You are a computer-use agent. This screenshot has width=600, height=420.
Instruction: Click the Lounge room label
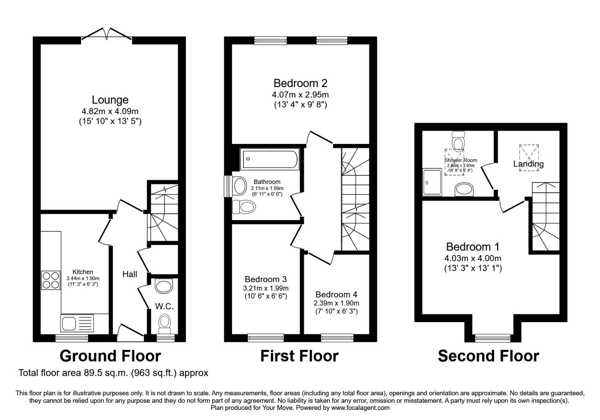click(x=110, y=100)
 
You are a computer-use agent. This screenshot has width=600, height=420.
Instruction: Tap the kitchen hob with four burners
click(x=51, y=280)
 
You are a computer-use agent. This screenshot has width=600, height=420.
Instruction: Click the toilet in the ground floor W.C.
click(x=164, y=323)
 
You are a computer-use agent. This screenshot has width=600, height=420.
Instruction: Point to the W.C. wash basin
click(x=163, y=286)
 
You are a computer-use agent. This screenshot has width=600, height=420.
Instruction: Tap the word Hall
click(x=130, y=274)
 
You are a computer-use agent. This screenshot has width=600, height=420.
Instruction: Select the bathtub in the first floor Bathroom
click(x=270, y=159)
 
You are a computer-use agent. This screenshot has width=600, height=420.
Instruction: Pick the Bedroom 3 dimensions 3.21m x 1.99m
click(x=266, y=288)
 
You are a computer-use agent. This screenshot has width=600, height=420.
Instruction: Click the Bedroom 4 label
click(x=336, y=294)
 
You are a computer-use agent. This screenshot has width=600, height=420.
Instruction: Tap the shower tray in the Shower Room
click(x=432, y=182)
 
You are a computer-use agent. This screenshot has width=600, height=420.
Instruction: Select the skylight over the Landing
click(x=529, y=157)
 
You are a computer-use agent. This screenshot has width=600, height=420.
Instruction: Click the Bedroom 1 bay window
click(x=492, y=338)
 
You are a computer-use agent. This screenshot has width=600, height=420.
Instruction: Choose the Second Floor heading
click(x=488, y=356)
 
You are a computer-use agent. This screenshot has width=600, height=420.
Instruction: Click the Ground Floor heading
click(x=110, y=356)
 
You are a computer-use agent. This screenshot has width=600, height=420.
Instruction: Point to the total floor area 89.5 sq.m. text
click(x=113, y=373)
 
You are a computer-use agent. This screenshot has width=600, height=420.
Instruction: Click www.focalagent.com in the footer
click(x=360, y=408)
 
